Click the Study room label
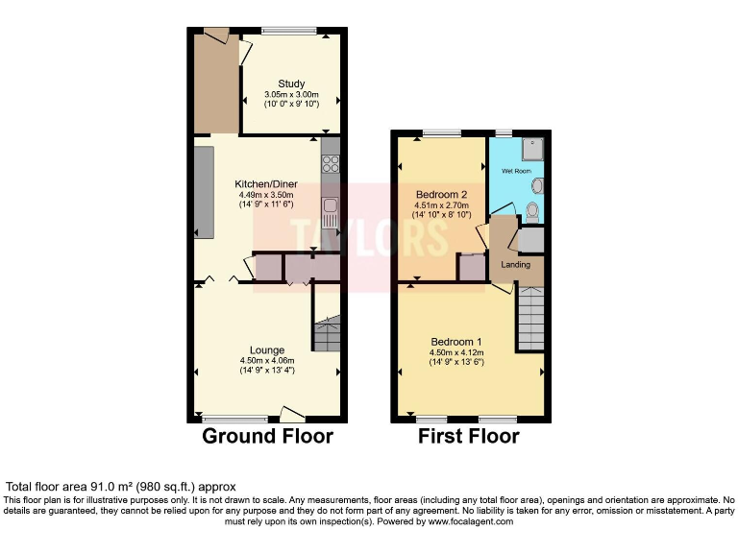pos(291,84)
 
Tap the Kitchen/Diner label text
pos(266,184)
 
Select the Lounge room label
pos(266,349)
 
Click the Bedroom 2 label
pos(442,195)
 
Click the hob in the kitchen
pos(331,162)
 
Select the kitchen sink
pos(332,207)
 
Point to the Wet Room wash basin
pos(537,184)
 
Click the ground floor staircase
pos(327,336)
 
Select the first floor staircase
pos(530,321)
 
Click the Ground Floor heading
pos(267,437)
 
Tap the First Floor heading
pos(468,437)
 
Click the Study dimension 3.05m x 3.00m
pos(291,94)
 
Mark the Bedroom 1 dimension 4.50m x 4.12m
pos(456,353)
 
